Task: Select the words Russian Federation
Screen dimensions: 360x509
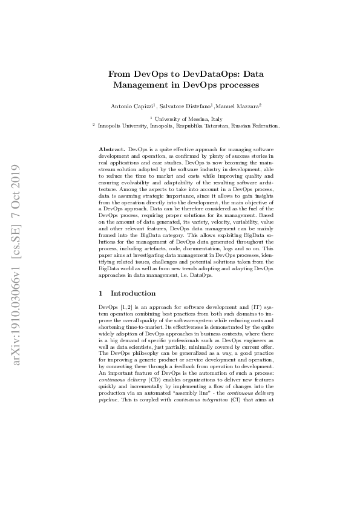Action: pos(258,126)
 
